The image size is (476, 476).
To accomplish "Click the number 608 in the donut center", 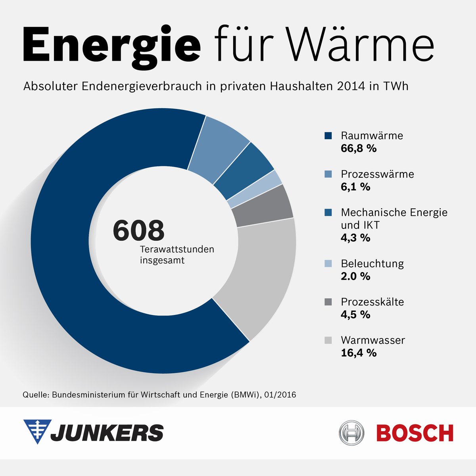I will coord(138,230).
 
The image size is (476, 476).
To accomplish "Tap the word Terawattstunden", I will coord(177,249).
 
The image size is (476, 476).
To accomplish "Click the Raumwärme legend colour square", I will coord(328,136).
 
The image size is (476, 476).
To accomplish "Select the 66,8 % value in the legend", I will coord(359,149).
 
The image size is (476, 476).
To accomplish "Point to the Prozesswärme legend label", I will coord(377,174).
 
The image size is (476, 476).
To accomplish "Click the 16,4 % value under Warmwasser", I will coord(359,353).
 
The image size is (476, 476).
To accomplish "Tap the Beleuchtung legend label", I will coord(372,264).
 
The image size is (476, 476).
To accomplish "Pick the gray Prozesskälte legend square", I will coord(328,302).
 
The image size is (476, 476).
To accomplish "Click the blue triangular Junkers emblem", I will coord(37,431).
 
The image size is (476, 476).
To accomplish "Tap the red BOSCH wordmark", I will coord(415,433).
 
